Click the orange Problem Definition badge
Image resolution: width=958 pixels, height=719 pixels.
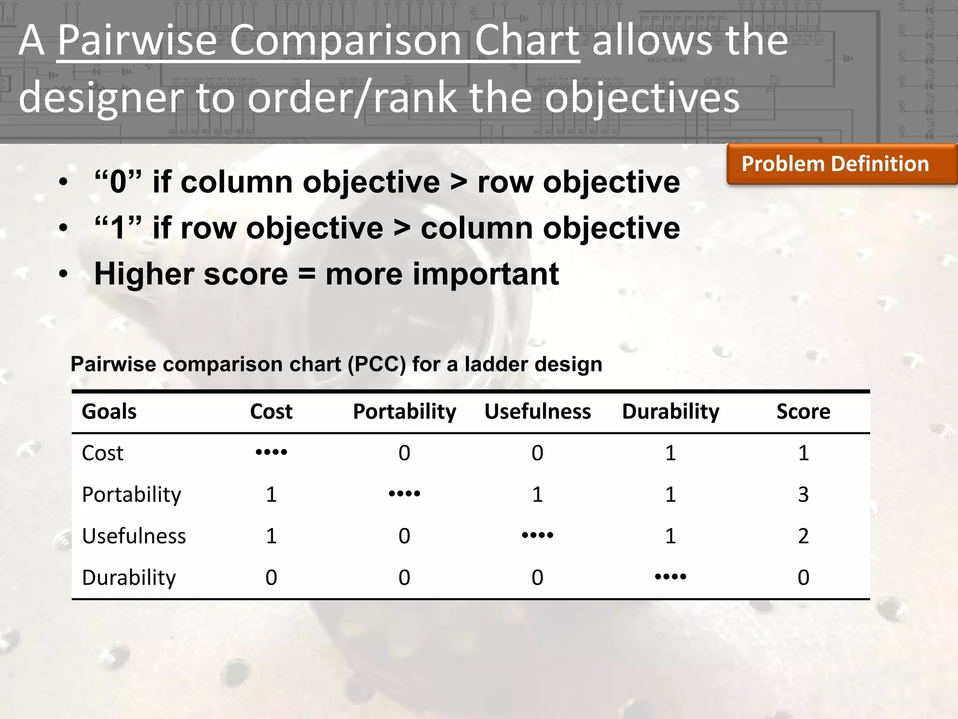(835, 164)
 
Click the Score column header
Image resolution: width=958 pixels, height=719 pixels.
(803, 411)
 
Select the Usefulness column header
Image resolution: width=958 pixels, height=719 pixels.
(537, 411)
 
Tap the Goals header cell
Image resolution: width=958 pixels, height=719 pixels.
(109, 411)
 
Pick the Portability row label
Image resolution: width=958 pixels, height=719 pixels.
(131, 495)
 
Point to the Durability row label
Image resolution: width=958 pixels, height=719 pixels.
(129, 578)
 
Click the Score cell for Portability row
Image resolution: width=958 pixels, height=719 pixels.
(803, 495)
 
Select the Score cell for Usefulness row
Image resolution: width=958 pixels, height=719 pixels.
(803, 536)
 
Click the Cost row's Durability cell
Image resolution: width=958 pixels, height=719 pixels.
(670, 453)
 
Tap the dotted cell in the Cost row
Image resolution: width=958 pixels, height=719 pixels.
(271, 452)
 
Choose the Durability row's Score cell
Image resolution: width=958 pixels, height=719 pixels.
(803, 578)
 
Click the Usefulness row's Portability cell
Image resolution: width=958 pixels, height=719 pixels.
(404, 536)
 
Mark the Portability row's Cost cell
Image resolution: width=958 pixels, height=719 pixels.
(271, 495)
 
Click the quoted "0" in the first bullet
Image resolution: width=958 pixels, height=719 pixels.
(118, 182)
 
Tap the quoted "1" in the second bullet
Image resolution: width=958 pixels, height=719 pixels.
(118, 228)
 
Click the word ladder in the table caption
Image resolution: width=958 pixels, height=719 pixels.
(494, 364)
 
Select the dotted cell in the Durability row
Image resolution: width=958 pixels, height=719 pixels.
(670, 577)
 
